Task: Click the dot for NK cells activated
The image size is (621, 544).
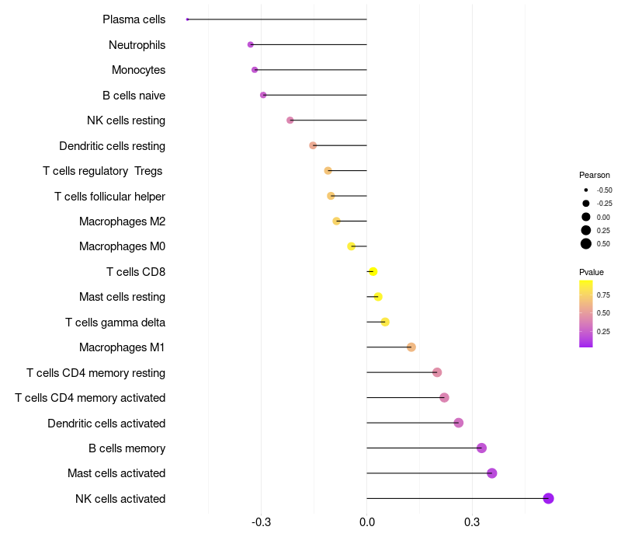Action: point(548,498)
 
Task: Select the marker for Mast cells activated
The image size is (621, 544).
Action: point(491,473)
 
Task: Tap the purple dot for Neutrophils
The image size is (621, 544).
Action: point(251,45)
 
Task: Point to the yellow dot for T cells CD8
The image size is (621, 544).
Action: point(373,271)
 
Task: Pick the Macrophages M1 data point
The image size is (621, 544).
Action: point(411,347)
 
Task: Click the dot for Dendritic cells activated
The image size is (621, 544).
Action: point(459,423)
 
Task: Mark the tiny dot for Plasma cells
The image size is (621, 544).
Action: point(188,19)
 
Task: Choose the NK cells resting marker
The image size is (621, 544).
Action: point(290,120)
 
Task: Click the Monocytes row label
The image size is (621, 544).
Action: point(138,70)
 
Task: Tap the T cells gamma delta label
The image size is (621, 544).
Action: point(115,322)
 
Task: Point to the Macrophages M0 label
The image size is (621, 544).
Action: point(122,246)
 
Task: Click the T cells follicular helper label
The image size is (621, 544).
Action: point(109,196)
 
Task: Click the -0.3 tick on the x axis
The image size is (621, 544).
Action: point(261,522)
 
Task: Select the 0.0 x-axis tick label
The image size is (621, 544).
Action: point(366,522)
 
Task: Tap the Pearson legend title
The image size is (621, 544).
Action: point(595,175)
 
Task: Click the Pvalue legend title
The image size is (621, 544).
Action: point(592,272)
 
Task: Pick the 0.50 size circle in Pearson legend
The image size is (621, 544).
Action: point(586,244)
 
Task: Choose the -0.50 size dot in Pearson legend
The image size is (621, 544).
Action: point(586,190)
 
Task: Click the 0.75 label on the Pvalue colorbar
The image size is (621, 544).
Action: point(603,295)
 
